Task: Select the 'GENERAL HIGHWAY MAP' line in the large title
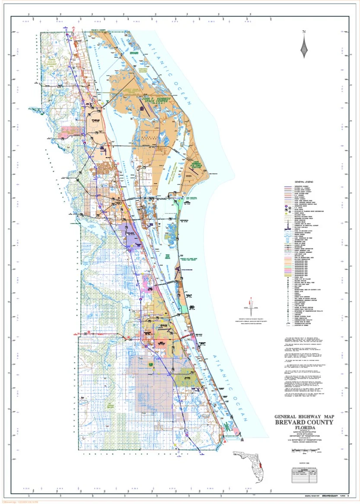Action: point(304,417)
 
